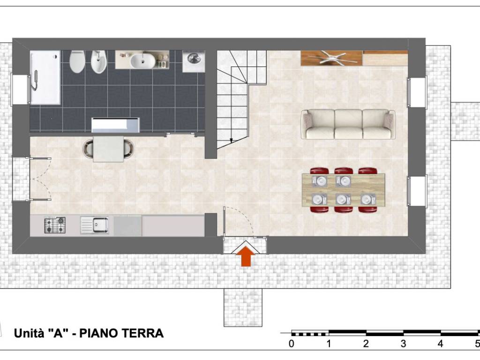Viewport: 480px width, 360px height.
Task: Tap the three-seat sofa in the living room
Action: click(x=348, y=124)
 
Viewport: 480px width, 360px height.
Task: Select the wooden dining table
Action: click(x=344, y=190)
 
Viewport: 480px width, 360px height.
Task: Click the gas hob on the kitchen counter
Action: click(x=55, y=225)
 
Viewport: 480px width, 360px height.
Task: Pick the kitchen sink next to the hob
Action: click(x=94, y=225)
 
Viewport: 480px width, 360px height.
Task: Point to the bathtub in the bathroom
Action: click(x=45, y=78)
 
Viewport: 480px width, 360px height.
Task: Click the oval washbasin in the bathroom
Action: click(x=142, y=60)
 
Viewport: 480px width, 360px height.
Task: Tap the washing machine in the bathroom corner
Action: click(x=194, y=60)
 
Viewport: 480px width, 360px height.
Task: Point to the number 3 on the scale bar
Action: click(x=403, y=344)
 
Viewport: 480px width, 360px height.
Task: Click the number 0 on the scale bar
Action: click(x=292, y=344)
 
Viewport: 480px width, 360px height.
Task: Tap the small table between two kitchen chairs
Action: click(x=108, y=149)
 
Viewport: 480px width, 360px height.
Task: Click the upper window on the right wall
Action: click(x=416, y=92)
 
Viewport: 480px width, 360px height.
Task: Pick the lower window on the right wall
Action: click(x=416, y=191)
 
